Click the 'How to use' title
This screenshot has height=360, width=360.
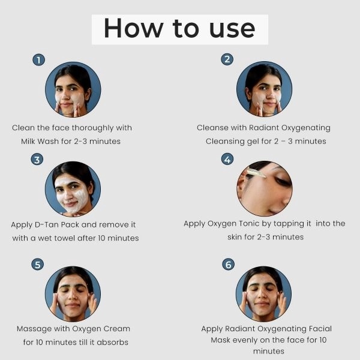click(x=179, y=28)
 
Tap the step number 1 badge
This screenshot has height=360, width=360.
click(x=39, y=60)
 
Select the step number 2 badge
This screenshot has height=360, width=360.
click(x=227, y=59)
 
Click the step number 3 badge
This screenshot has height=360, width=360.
click(x=37, y=160)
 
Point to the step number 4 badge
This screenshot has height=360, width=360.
click(x=227, y=159)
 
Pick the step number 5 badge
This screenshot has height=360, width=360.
click(x=37, y=264)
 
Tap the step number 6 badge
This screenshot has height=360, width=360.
click(x=228, y=264)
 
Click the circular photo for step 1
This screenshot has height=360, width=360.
click(x=73, y=89)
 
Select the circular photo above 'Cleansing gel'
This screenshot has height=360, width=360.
click(x=264, y=89)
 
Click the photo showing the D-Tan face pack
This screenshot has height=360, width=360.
click(x=73, y=189)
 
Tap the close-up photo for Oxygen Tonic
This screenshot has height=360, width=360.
click(x=265, y=188)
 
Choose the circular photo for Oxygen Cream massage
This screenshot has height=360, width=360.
click(x=73, y=294)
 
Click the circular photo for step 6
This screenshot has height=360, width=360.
click(x=263, y=294)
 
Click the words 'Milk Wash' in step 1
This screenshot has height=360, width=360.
click(x=40, y=141)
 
